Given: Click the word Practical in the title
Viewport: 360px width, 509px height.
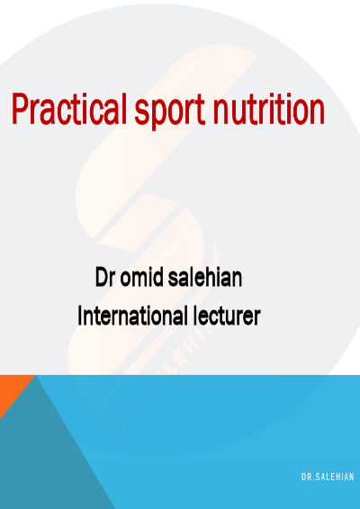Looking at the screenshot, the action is tap(69, 109).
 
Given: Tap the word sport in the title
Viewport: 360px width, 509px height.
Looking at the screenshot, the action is tap(170, 112).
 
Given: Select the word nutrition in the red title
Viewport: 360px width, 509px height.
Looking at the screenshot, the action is tap(269, 110).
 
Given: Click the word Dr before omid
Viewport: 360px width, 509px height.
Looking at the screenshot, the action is tap(105, 277).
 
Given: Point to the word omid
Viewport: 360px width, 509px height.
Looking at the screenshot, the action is tap(142, 277).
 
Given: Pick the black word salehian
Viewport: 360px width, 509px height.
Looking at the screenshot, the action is tap(205, 277).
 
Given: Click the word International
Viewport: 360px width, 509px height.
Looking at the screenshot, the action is tap(132, 316).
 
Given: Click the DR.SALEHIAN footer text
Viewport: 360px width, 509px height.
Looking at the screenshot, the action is tap(328, 477).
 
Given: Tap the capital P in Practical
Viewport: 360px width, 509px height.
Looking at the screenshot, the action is tap(21, 109).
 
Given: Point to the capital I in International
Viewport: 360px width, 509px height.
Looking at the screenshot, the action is tap(80, 316).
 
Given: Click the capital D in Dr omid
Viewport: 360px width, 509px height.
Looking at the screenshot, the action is tap(102, 277).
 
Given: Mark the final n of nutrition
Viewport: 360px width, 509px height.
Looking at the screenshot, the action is tap(316, 112).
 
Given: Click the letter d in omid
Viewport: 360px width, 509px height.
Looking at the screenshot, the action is tap(157, 277).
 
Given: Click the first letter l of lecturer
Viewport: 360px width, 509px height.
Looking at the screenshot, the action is tap(195, 316).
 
